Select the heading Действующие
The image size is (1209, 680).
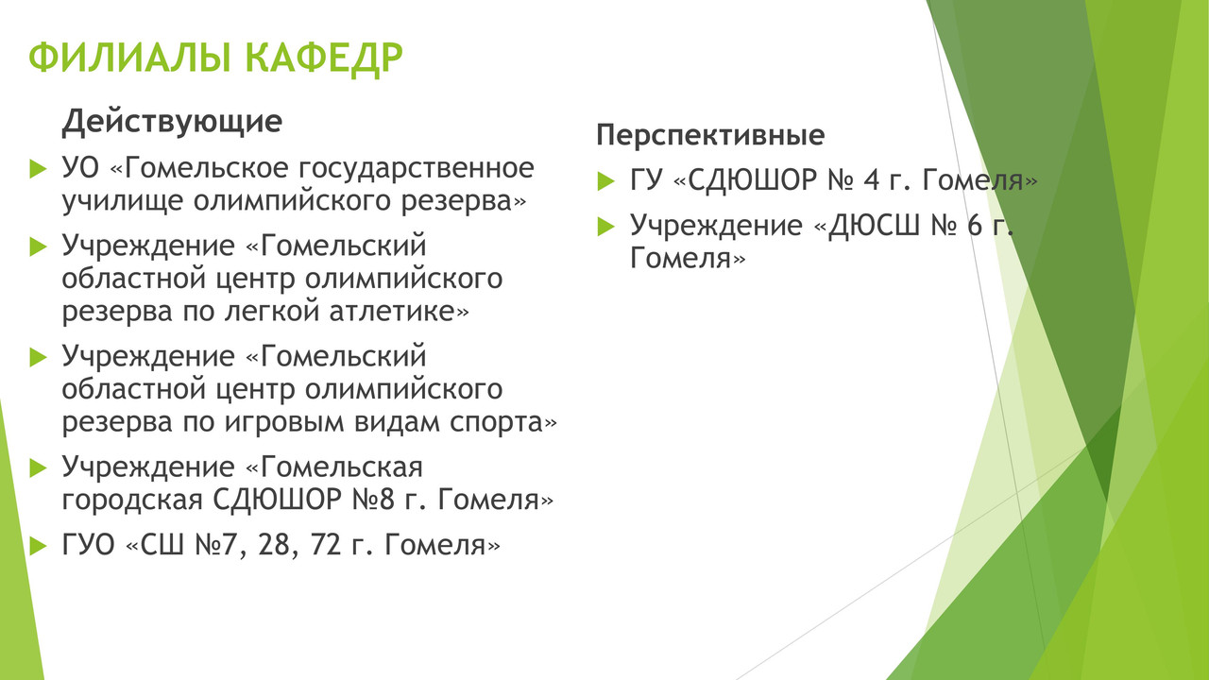tap(172, 122)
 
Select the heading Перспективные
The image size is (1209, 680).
tap(711, 135)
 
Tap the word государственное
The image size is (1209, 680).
tap(417, 169)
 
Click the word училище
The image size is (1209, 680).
tap(122, 202)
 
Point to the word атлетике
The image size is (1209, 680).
tap(399, 311)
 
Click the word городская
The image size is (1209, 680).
tap(132, 501)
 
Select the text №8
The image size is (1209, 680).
tap(373, 500)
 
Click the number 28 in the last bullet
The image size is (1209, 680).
tap(275, 545)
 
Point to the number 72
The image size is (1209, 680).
tap(326, 545)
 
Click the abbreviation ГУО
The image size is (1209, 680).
tap(89, 545)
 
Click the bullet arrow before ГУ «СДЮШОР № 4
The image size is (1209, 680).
tap(606, 181)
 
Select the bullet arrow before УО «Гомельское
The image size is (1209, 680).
tap(38, 169)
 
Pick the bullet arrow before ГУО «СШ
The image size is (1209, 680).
tap(38, 546)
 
